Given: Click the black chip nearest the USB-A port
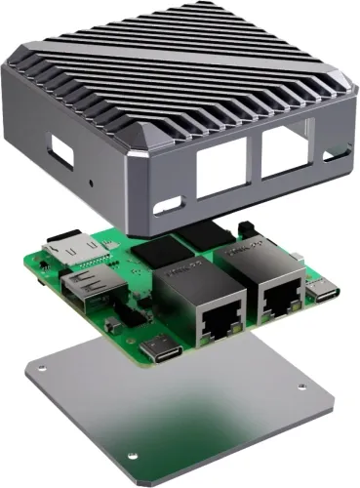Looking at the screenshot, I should pyautogui.click(x=153, y=253).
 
